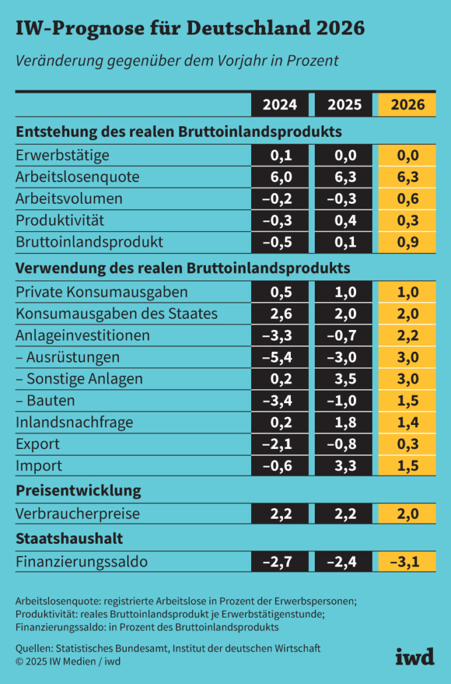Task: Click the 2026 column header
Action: [408, 105]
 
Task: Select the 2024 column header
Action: [280, 105]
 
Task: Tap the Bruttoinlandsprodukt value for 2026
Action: [408, 242]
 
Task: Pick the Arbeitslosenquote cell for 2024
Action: [280, 177]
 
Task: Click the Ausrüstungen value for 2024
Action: [280, 357]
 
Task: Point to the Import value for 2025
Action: [344, 466]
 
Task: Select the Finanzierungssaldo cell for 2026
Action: [408, 562]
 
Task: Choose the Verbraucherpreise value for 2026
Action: [408, 514]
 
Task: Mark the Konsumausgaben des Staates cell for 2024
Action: [280, 314]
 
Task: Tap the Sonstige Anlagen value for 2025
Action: [344, 379]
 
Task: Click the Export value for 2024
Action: [280, 444]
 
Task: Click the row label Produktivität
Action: [60, 220]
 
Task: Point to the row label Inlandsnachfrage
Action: [74, 422]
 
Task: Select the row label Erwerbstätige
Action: [62, 156]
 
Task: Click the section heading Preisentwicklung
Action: [78, 491]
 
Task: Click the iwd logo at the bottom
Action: [415, 656]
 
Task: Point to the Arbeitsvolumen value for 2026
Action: [408, 199]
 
